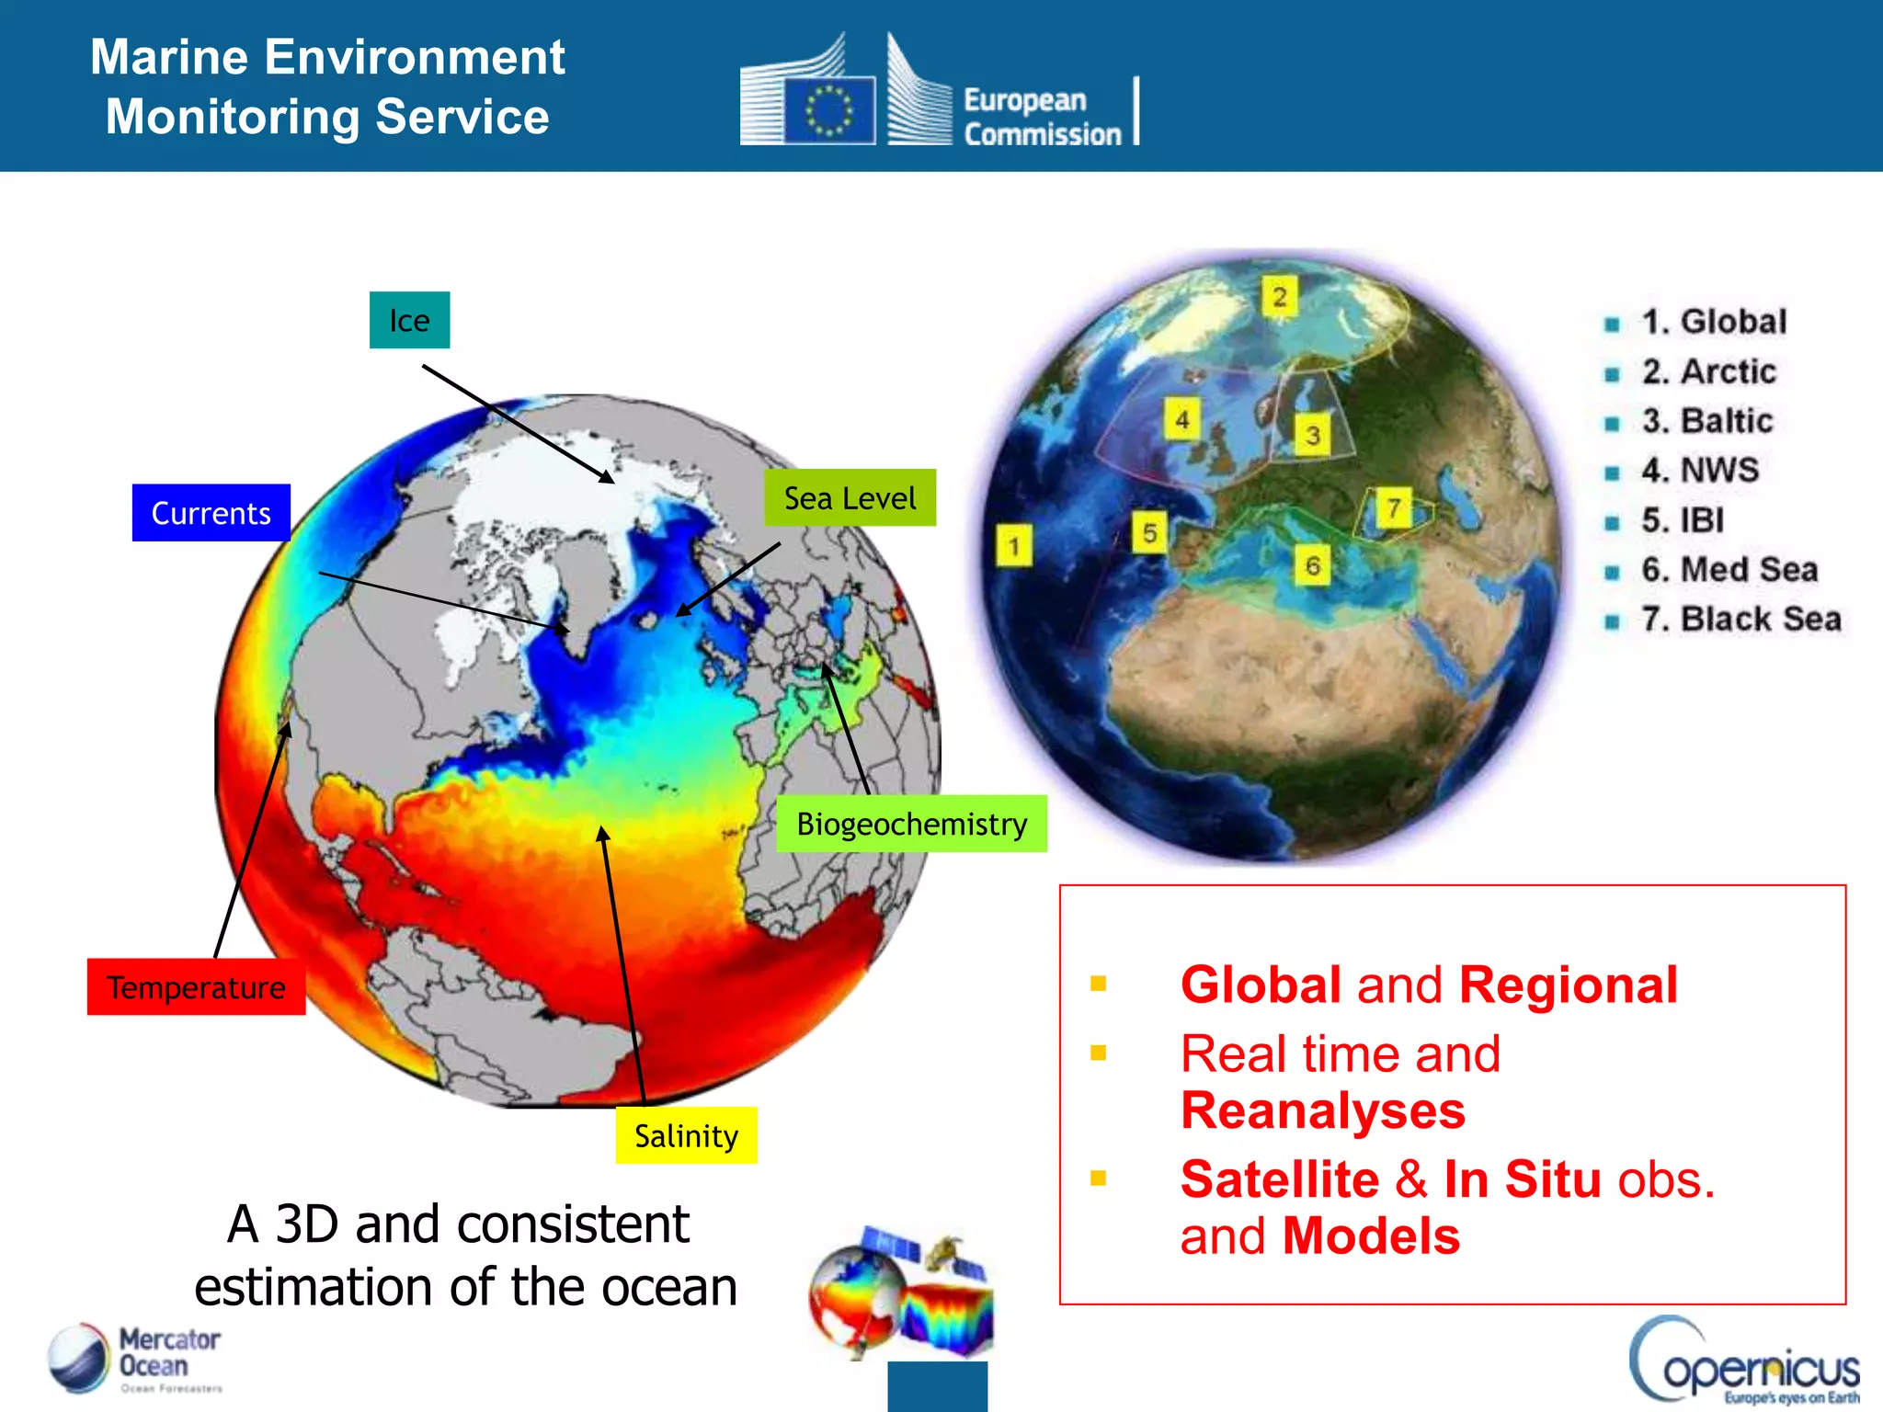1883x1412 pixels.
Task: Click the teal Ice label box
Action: tap(409, 320)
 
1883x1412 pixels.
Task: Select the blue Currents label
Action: tap(211, 513)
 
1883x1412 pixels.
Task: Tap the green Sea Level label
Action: tap(850, 498)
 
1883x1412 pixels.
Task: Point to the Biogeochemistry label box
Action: tap(911, 824)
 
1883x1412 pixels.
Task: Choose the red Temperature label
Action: tap(196, 987)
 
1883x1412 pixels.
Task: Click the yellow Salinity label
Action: tap(686, 1136)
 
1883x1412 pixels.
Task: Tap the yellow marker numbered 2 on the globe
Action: tap(1279, 297)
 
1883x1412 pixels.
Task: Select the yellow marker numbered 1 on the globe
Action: tap(1013, 546)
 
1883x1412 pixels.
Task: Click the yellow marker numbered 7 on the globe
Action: tap(1394, 507)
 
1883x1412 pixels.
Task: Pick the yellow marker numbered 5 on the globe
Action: tap(1149, 533)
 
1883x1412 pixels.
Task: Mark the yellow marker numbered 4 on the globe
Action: tap(1181, 420)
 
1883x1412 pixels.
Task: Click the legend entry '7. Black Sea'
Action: tap(1740, 620)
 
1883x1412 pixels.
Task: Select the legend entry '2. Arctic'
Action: tap(1708, 371)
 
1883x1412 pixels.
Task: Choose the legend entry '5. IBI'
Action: tap(1683, 520)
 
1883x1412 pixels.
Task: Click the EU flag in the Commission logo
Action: tap(829, 110)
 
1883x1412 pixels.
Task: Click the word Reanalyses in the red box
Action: tap(1322, 1110)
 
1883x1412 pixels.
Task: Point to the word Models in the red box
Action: tap(1371, 1236)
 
